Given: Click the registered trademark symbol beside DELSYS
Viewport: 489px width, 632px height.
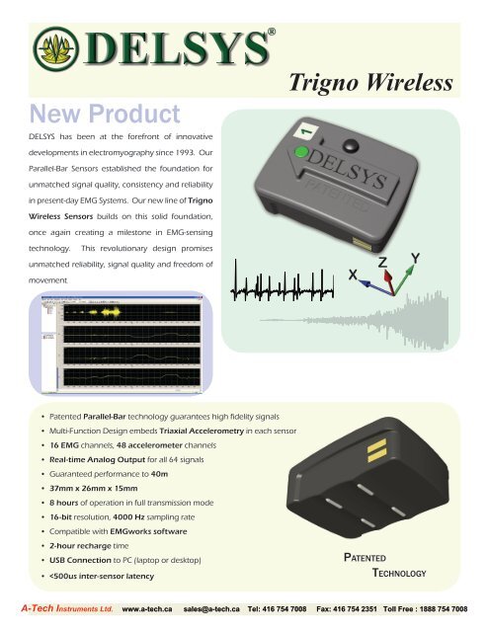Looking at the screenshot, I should coord(272,32).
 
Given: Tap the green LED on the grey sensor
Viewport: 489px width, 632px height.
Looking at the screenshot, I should coord(297,152).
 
